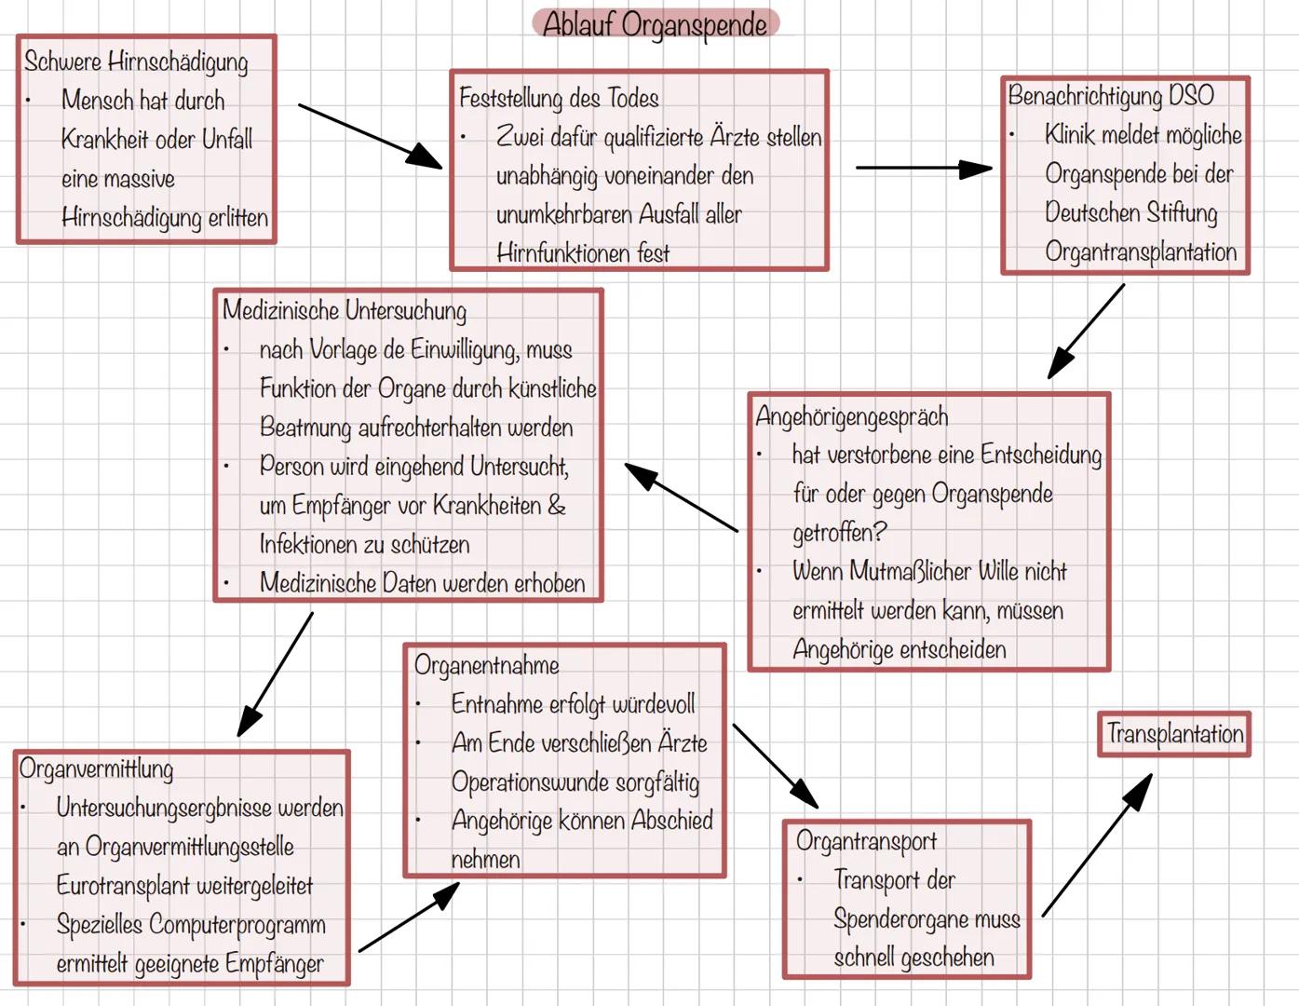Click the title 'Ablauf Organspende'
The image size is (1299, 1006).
655,24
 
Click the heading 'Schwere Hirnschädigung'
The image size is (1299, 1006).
136,61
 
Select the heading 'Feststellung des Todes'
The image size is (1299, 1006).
559,98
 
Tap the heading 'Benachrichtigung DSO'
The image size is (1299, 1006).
1111,95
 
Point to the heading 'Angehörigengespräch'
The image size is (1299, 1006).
852,416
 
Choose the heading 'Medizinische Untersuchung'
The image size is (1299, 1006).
345,310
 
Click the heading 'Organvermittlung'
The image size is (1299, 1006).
96,768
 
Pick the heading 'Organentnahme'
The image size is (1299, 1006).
486,665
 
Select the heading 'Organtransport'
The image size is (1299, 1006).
866,841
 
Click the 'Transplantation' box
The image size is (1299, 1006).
1174,734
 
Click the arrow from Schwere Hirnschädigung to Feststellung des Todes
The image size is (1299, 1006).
370,136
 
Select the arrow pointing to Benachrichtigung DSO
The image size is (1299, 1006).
923,169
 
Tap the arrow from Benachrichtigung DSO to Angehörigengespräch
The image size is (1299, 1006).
1086,332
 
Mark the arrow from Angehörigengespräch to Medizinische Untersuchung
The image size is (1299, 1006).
682,498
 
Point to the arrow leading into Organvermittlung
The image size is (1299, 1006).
276,674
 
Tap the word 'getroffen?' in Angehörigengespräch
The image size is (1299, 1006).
839,533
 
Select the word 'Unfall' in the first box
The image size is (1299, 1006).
227,140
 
